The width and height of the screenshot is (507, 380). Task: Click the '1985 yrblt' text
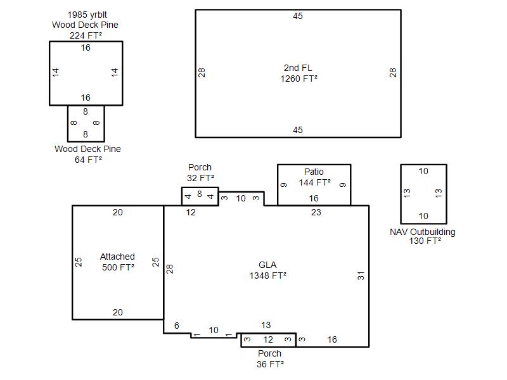pyautogui.click(x=87, y=15)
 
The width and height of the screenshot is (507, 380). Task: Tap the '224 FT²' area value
pyautogui.click(x=86, y=35)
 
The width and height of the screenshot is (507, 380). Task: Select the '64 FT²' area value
pyautogui.click(x=88, y=160)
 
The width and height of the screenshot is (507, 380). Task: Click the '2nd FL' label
pyautogui.click(x=298, y=68)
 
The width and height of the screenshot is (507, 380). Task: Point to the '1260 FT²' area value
pyautogui.click(x=298, y=79)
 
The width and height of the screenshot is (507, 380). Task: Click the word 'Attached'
pyautogui.click(x=117, y=256)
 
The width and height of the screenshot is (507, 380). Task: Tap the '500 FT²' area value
pyautogui.click(x=118, y=267)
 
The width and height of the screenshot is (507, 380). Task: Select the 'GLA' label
pyautogui.click(x=267, y=265)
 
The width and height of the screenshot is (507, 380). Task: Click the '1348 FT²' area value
pyautogui.click(x=267, y=275)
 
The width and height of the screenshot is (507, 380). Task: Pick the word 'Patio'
pyautogui.click(x=314, y=172)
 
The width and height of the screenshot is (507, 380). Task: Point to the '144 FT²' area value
pyautogui.click(x=314, y=182)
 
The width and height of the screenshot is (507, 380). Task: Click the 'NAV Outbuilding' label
pyautogui.click(x=423, y=232)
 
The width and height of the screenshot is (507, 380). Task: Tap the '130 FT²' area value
pyautogui.click(x=425, y=241)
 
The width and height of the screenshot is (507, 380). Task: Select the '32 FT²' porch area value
pyautogui.click(x=200, y=178)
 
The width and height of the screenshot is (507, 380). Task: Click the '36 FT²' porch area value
pyautogui.click(x=271, y=364)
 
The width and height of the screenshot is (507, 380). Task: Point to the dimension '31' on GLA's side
pyautogui.click(x=361, y=275)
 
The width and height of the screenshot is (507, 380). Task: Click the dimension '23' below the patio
pyautogui.click(x=316, y=212)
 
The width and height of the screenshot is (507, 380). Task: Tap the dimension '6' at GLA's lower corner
pyautogui.click(x=177, y=326)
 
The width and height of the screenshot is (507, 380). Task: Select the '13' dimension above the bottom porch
pyautogui.click(x=266, y=325)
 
